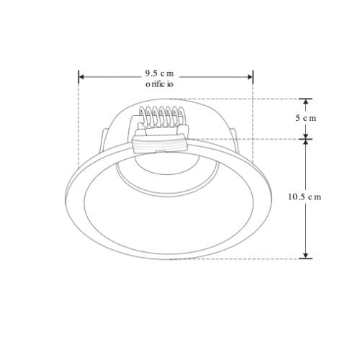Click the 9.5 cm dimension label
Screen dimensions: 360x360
tap(159, 73)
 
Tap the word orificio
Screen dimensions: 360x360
tap(159, 84)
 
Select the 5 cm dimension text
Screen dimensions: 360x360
tap(306, 117)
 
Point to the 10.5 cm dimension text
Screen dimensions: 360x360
tap(303, 197)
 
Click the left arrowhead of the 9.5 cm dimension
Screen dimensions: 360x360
tap(82, 76)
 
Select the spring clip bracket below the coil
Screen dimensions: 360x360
tap(158, 143)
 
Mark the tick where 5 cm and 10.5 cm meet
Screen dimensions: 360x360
tap(306, 138)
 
